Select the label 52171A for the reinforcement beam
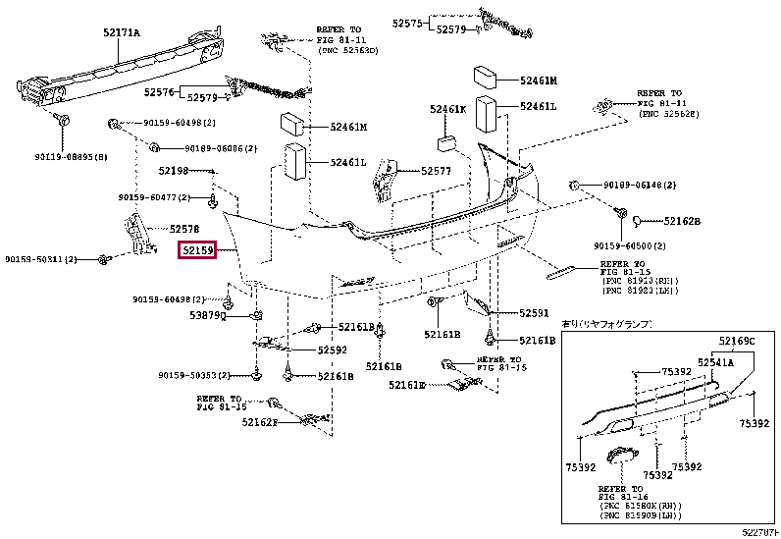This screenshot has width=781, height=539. tap(122, 33)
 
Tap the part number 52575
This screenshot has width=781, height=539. tap(406, 22)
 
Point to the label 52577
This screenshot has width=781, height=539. tap(436, 171)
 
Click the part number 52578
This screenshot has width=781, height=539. tap(172, 228)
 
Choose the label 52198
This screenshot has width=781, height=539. tap(173, 171)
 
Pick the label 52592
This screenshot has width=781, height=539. tap(332, 350)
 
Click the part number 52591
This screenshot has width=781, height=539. tap(534, 314)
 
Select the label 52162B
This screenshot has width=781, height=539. tap(681, 221)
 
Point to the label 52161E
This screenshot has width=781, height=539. tap(406, 385)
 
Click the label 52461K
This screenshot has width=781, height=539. tap(447, 110)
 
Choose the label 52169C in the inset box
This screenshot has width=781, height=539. tap(737, 341)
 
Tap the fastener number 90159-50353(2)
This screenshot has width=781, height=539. tap(192, 375)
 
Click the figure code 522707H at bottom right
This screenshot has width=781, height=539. tap(759, 531)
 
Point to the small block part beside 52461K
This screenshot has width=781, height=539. tap(445, 143)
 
